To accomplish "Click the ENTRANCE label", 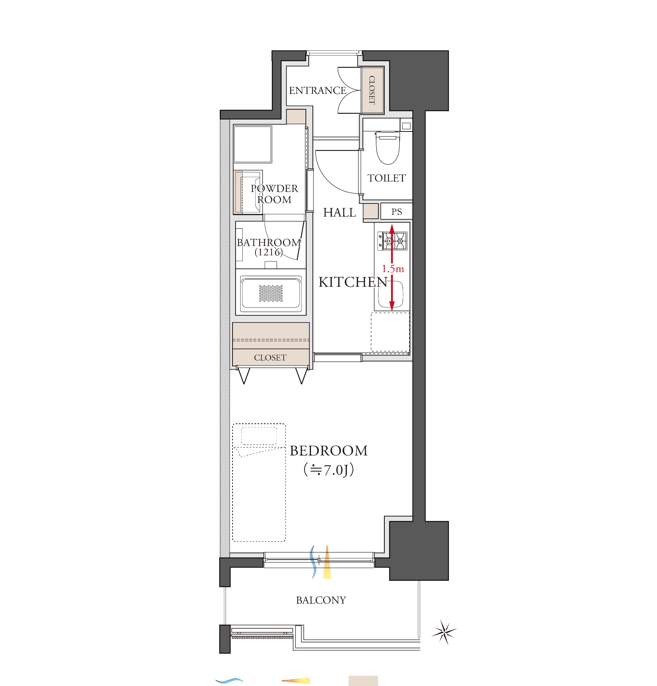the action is [318, 90].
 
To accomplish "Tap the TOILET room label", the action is [387, 178].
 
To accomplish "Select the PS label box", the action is [396, 211].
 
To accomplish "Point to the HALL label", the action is [339, 212].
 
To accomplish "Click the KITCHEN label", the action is [353, 282].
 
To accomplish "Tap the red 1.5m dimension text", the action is [393, 269].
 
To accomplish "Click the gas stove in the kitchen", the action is [392, 241].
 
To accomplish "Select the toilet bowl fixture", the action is [388, 148].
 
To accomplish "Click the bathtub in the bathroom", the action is [271, 293].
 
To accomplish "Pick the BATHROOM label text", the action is [269, 242].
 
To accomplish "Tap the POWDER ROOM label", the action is [274, 194].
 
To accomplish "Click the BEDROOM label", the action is [328, 451].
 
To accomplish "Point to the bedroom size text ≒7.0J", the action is [328, 470].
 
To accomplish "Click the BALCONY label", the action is [321, 600].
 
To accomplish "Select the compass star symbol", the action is [444, 632].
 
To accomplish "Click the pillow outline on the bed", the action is [259, 436].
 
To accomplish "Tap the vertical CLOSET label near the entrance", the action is [372, 90].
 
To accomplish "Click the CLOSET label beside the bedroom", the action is [270, 358].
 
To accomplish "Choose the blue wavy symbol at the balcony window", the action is [313, 562].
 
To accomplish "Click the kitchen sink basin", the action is [391, 294].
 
